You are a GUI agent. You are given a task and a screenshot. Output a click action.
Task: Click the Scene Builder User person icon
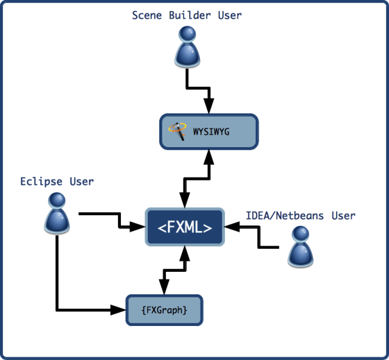(x=187, y=49)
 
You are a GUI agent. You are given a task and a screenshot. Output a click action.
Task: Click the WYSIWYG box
(x=209, y=131)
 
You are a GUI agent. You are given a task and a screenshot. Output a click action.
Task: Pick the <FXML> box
(x=185, y=227)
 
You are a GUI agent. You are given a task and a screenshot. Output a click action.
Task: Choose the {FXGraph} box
(x=164, y=310)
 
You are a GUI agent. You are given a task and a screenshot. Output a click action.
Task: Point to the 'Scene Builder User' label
(x=187, y=15)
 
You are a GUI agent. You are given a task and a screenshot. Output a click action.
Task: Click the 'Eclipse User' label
(x=57, y=181)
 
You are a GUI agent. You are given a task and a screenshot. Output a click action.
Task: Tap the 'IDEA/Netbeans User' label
(x=300, y=215)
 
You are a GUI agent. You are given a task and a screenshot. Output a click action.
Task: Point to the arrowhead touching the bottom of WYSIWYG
(x=209, y=156)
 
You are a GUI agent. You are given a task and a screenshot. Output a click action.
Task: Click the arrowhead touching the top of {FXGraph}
(x=164, y=288)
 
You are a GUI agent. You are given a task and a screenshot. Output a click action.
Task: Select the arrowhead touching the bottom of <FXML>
(x=184, y=253)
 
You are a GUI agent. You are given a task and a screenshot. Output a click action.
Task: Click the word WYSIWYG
(x=212, y=131)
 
